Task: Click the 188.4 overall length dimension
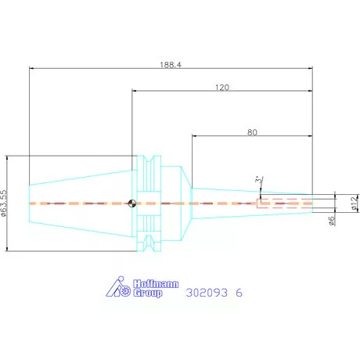(x=171, y=64)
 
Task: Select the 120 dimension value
(x=222, y=87)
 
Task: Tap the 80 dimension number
(x=252, y=132)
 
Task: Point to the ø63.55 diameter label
(x=4, y=203)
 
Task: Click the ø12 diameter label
(x=355, y=203)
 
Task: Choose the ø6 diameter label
(x=332, y=221)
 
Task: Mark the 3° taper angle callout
(x=259, y=180)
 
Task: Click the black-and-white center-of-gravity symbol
(x=132, y=203)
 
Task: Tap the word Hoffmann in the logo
(x=156, y=284)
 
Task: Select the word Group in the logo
(x=148, y=293)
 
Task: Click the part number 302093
(x=207, y=293)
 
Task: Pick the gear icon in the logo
(x=126, y=291)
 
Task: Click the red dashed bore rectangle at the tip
(x=285, y=203)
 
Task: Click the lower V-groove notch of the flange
(x=149, y=242)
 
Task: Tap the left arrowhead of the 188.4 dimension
(x=31, y=68)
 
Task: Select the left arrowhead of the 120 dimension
(x=134, y=91)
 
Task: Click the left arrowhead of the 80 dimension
(x=194, y=135)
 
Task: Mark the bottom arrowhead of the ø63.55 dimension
(x=7, y=248)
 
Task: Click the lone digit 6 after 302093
(x=239, y=293)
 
